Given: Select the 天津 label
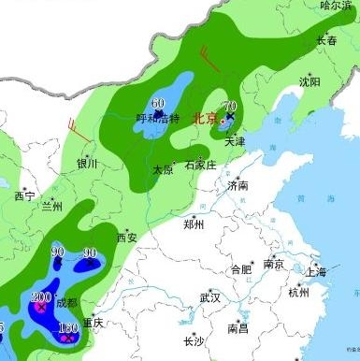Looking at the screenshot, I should (x=233, y=141).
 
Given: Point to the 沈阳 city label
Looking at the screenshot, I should (x=309, y=82).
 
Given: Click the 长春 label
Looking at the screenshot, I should (x=326, y=40).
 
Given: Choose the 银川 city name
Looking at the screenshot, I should (x=87, y=163).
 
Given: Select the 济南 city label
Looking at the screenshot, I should (x=238, y=186).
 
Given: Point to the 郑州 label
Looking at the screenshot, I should (x=194, y=224).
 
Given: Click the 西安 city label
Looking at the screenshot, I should (x=126, y=238).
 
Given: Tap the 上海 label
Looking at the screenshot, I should (x=316, y=272).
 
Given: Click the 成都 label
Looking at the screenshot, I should (x=66, y=302).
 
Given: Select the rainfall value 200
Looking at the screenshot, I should (x=41, y=296).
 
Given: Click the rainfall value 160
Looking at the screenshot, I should (x=67, y=328).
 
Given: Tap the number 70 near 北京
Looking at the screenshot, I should (x=229, y=107).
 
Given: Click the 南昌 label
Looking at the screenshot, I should (x=238, y=328).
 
